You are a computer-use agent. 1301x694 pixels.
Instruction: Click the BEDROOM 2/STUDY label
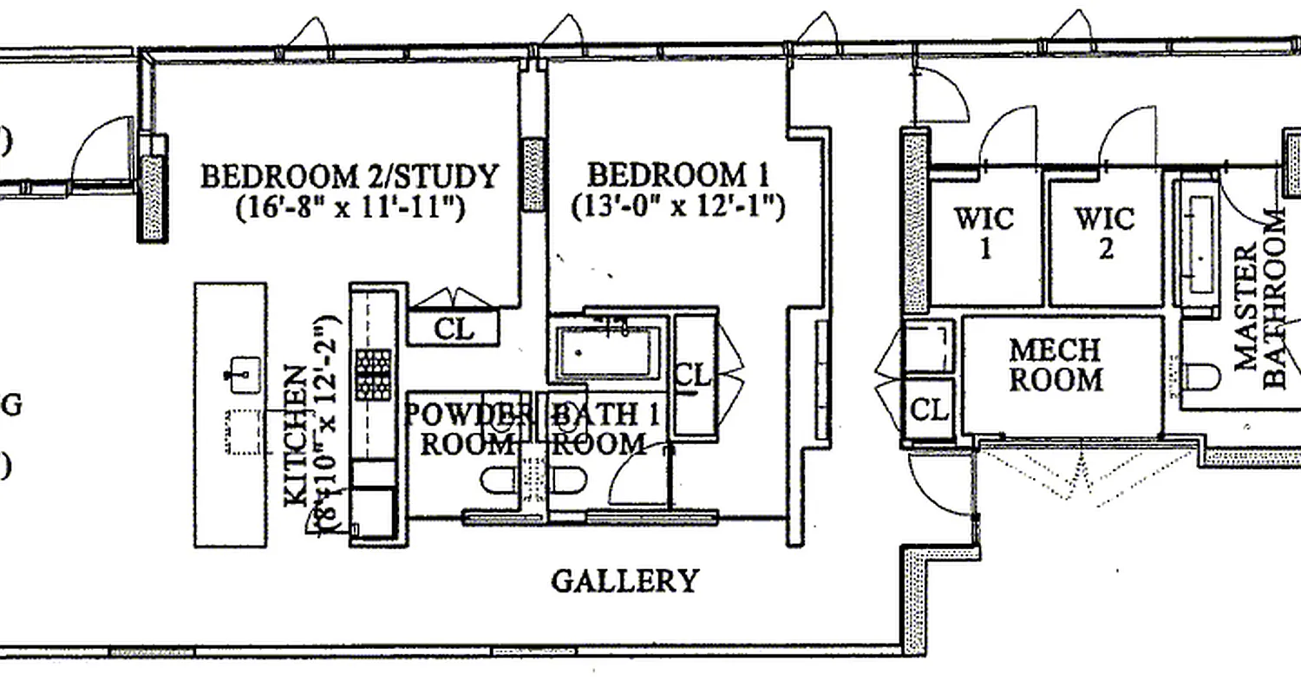pyautogui.click(x=350, y=176)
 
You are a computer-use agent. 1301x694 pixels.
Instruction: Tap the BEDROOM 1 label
pyautogui.click(x=677, y=175)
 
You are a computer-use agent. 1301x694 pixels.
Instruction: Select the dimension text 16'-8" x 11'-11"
pyautogui.click(x=350, y=208)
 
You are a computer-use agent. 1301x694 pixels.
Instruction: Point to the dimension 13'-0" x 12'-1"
pyautogui.click(x=677, y=207)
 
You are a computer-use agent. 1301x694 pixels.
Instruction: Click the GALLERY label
pyautogui.click(x=624, y=580)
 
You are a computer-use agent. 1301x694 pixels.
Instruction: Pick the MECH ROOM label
pyautogui.click(x=1056, y=365)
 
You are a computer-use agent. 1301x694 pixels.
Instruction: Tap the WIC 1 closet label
pyautogui.click(x=984, y=232)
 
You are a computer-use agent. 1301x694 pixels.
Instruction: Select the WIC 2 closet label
pyautogui.click(x=1105, y=232)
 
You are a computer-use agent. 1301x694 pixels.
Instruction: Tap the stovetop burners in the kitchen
pyautogui.click(x=370, y=372)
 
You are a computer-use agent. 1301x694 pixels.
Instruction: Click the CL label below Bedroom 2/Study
pyautogui.click(x=454, y=330)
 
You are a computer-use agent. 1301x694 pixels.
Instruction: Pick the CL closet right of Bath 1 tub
pyautogui.click(x=693, y=376)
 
